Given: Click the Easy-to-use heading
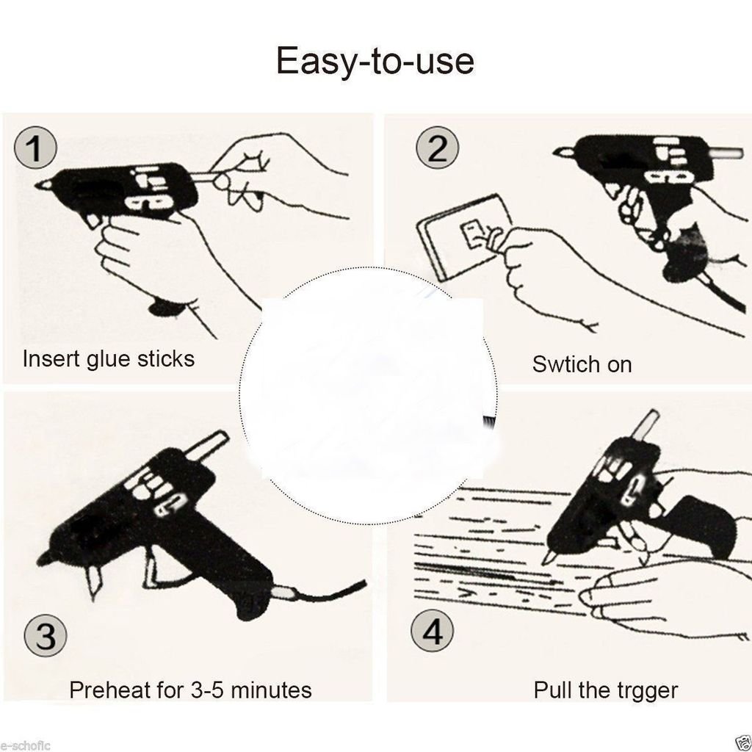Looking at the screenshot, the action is (375, 61).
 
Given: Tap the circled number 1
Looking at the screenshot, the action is (35, 147).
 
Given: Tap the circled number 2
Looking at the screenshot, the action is (437, 147).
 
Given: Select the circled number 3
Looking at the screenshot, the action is (46, 635).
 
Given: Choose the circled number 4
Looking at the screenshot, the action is (432, 630).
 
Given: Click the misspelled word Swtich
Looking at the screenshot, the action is (559, 364).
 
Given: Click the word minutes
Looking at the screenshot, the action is (272, 690).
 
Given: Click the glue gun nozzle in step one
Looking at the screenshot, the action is (44, 184).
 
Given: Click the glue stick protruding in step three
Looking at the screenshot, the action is (206, 444).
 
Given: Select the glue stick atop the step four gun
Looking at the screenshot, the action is (646, 424).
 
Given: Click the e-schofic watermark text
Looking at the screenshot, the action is (25, 746).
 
